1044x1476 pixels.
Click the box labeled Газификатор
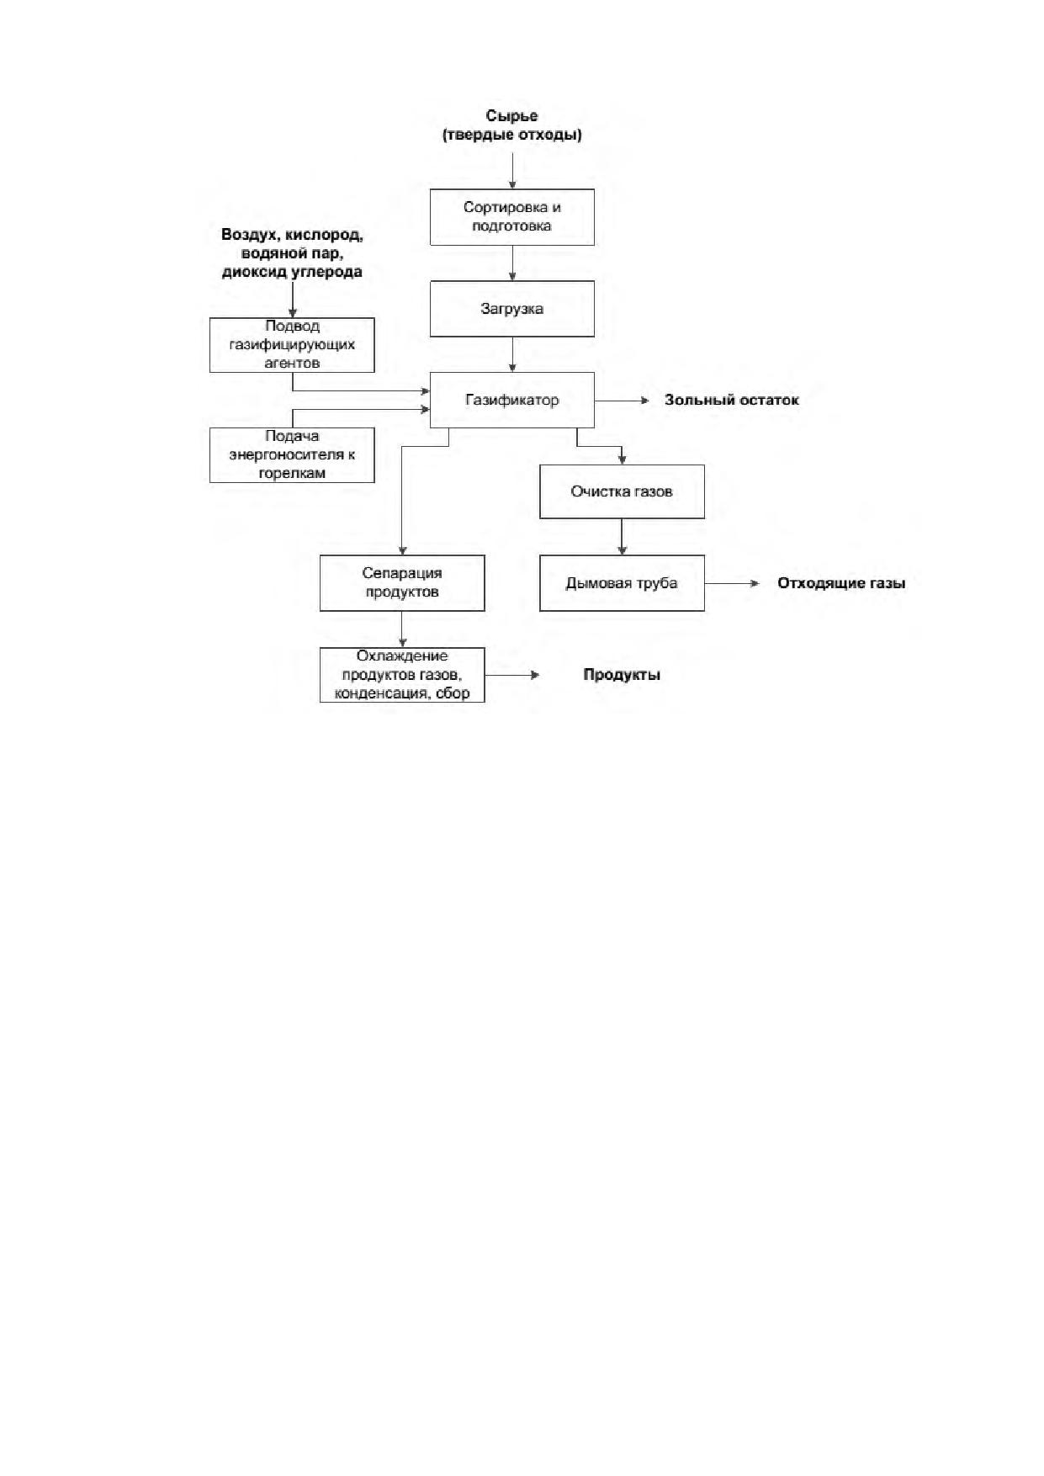pos(511,400)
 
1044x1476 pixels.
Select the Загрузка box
pos(511,309)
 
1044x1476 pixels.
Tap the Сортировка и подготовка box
pos(511,217)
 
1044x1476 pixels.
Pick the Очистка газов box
pos(622,491)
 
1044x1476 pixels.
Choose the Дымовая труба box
pos(622,583)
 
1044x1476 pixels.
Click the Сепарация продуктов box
pos(402,583)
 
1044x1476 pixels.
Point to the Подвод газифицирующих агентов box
pos(292,345)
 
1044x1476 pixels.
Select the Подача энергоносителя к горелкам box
pos(292,455)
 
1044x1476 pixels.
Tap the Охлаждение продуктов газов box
pos(402,675)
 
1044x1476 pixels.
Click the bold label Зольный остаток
pos(732,401)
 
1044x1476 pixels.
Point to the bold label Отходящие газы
pos(841,584)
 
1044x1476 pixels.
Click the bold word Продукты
pos(622,675)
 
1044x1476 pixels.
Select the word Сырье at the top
pos(511,115)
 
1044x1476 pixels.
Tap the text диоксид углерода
pos(292,273)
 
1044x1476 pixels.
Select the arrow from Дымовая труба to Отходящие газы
pos(732,583)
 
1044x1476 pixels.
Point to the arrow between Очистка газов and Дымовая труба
pos(622,537)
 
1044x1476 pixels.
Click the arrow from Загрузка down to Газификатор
pos(511,354)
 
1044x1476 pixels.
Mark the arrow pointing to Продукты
pos(512,675)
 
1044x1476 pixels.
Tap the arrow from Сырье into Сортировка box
pos(511,171)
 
